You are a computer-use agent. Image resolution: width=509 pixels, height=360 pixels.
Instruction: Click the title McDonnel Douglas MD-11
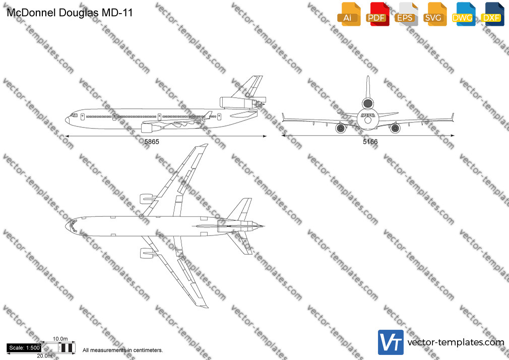tap(70, 13)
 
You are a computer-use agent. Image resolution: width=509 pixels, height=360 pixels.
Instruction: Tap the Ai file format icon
tap(349, 14)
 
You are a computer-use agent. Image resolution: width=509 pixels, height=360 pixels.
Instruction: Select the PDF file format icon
tap(377, 14)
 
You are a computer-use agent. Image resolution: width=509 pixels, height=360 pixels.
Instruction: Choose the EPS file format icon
tap(406, 14)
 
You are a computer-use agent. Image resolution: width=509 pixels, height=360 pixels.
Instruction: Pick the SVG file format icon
tap(434, 14)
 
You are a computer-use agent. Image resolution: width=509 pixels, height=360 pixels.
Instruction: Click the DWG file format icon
tap(464, 14)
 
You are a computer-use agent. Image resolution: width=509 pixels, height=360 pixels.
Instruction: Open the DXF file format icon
tap(492, 14)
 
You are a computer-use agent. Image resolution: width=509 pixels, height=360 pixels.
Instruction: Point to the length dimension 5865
tap(152, 142)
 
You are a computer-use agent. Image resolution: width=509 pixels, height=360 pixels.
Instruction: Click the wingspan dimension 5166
tap(370, 142)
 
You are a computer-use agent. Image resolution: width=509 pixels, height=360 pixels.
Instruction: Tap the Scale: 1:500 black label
tap(24, 348)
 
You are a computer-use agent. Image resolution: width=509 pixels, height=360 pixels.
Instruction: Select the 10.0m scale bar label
tap(60, 339)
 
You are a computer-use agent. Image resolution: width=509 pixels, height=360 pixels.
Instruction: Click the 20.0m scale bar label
tap(44, 356)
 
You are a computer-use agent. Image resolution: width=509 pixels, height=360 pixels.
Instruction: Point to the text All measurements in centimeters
tap(122, 350)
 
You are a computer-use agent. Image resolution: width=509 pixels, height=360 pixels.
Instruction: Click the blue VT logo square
tap(391, 342)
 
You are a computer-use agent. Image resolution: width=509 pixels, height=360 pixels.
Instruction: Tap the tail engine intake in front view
tap(368, 103)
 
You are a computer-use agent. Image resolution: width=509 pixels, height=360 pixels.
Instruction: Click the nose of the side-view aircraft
tap(67, 120)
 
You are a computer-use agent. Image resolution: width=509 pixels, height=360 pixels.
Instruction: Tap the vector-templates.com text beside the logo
tap(456, 342)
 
